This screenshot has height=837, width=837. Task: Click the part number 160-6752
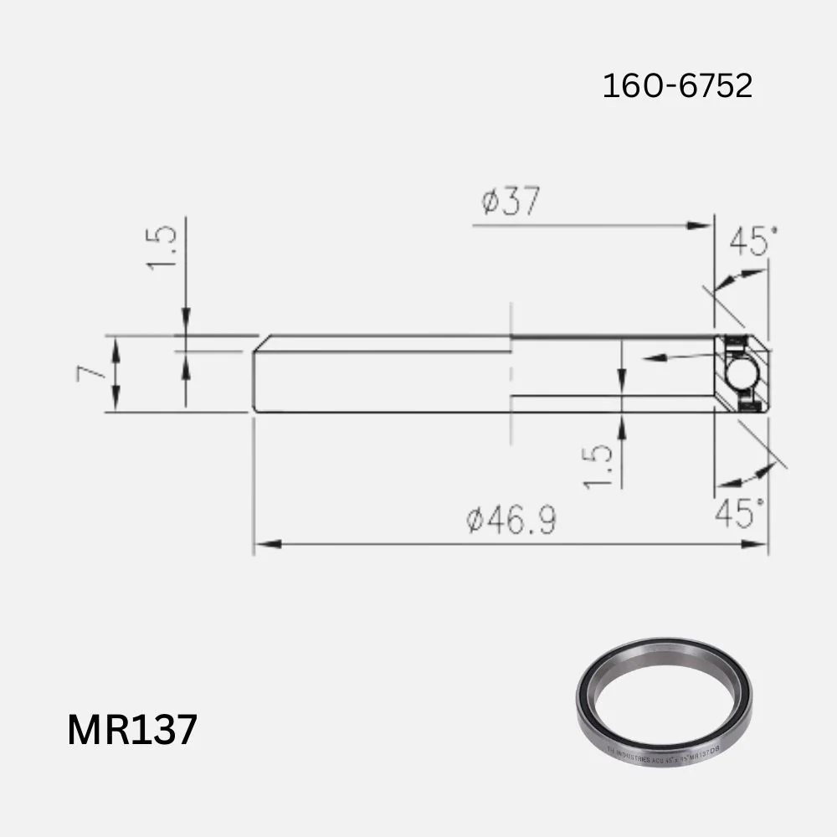click(x=677, y=85)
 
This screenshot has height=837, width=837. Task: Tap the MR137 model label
click(x=132, y=729)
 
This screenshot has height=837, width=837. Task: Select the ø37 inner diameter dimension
click(x=511, y=202)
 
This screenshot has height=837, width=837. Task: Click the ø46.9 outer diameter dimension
click(x=511, y=521)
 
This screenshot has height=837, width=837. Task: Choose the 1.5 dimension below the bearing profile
click(x=598, y=465)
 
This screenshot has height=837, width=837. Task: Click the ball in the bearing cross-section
click(x=742, y=373)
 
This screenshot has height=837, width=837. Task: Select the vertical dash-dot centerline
click(x=510, y=377)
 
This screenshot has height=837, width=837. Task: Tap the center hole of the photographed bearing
click(x=663, y=698)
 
